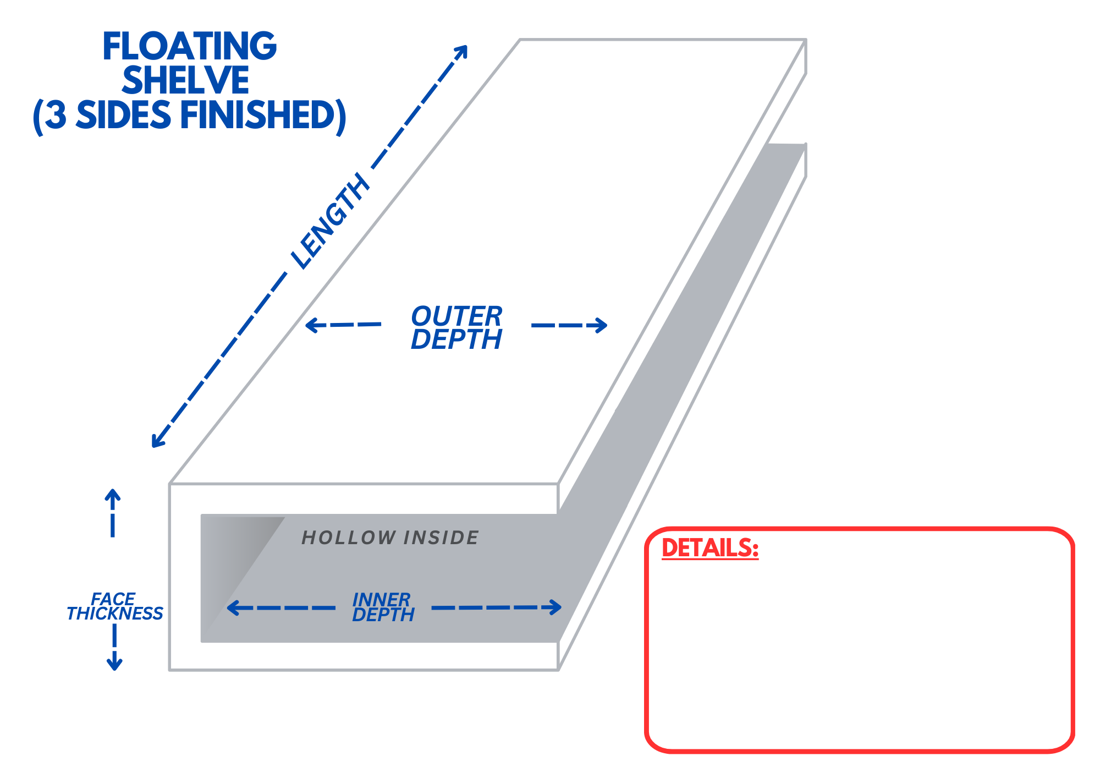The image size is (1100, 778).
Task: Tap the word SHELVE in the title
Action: coord(186,80)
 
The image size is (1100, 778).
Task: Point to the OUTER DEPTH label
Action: coord(457,327)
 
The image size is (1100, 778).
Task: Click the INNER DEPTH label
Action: coord(383,607)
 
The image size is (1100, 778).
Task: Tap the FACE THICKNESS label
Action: coord(114,606)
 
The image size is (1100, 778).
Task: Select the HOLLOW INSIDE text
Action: coord(390,538)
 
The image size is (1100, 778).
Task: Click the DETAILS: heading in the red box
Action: coord(710,548)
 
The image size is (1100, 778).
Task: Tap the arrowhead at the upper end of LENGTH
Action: coord(461,51)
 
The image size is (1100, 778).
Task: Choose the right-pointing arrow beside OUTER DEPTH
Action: coord(600,325)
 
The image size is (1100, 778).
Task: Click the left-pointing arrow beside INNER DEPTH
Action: coord(234,607)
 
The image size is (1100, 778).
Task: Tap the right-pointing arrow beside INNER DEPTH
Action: coord(554,607)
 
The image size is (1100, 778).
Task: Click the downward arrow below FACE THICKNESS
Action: coord(114,663)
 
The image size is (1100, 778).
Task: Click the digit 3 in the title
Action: coord(55,116)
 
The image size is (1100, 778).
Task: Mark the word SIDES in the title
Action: coord(123,116)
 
